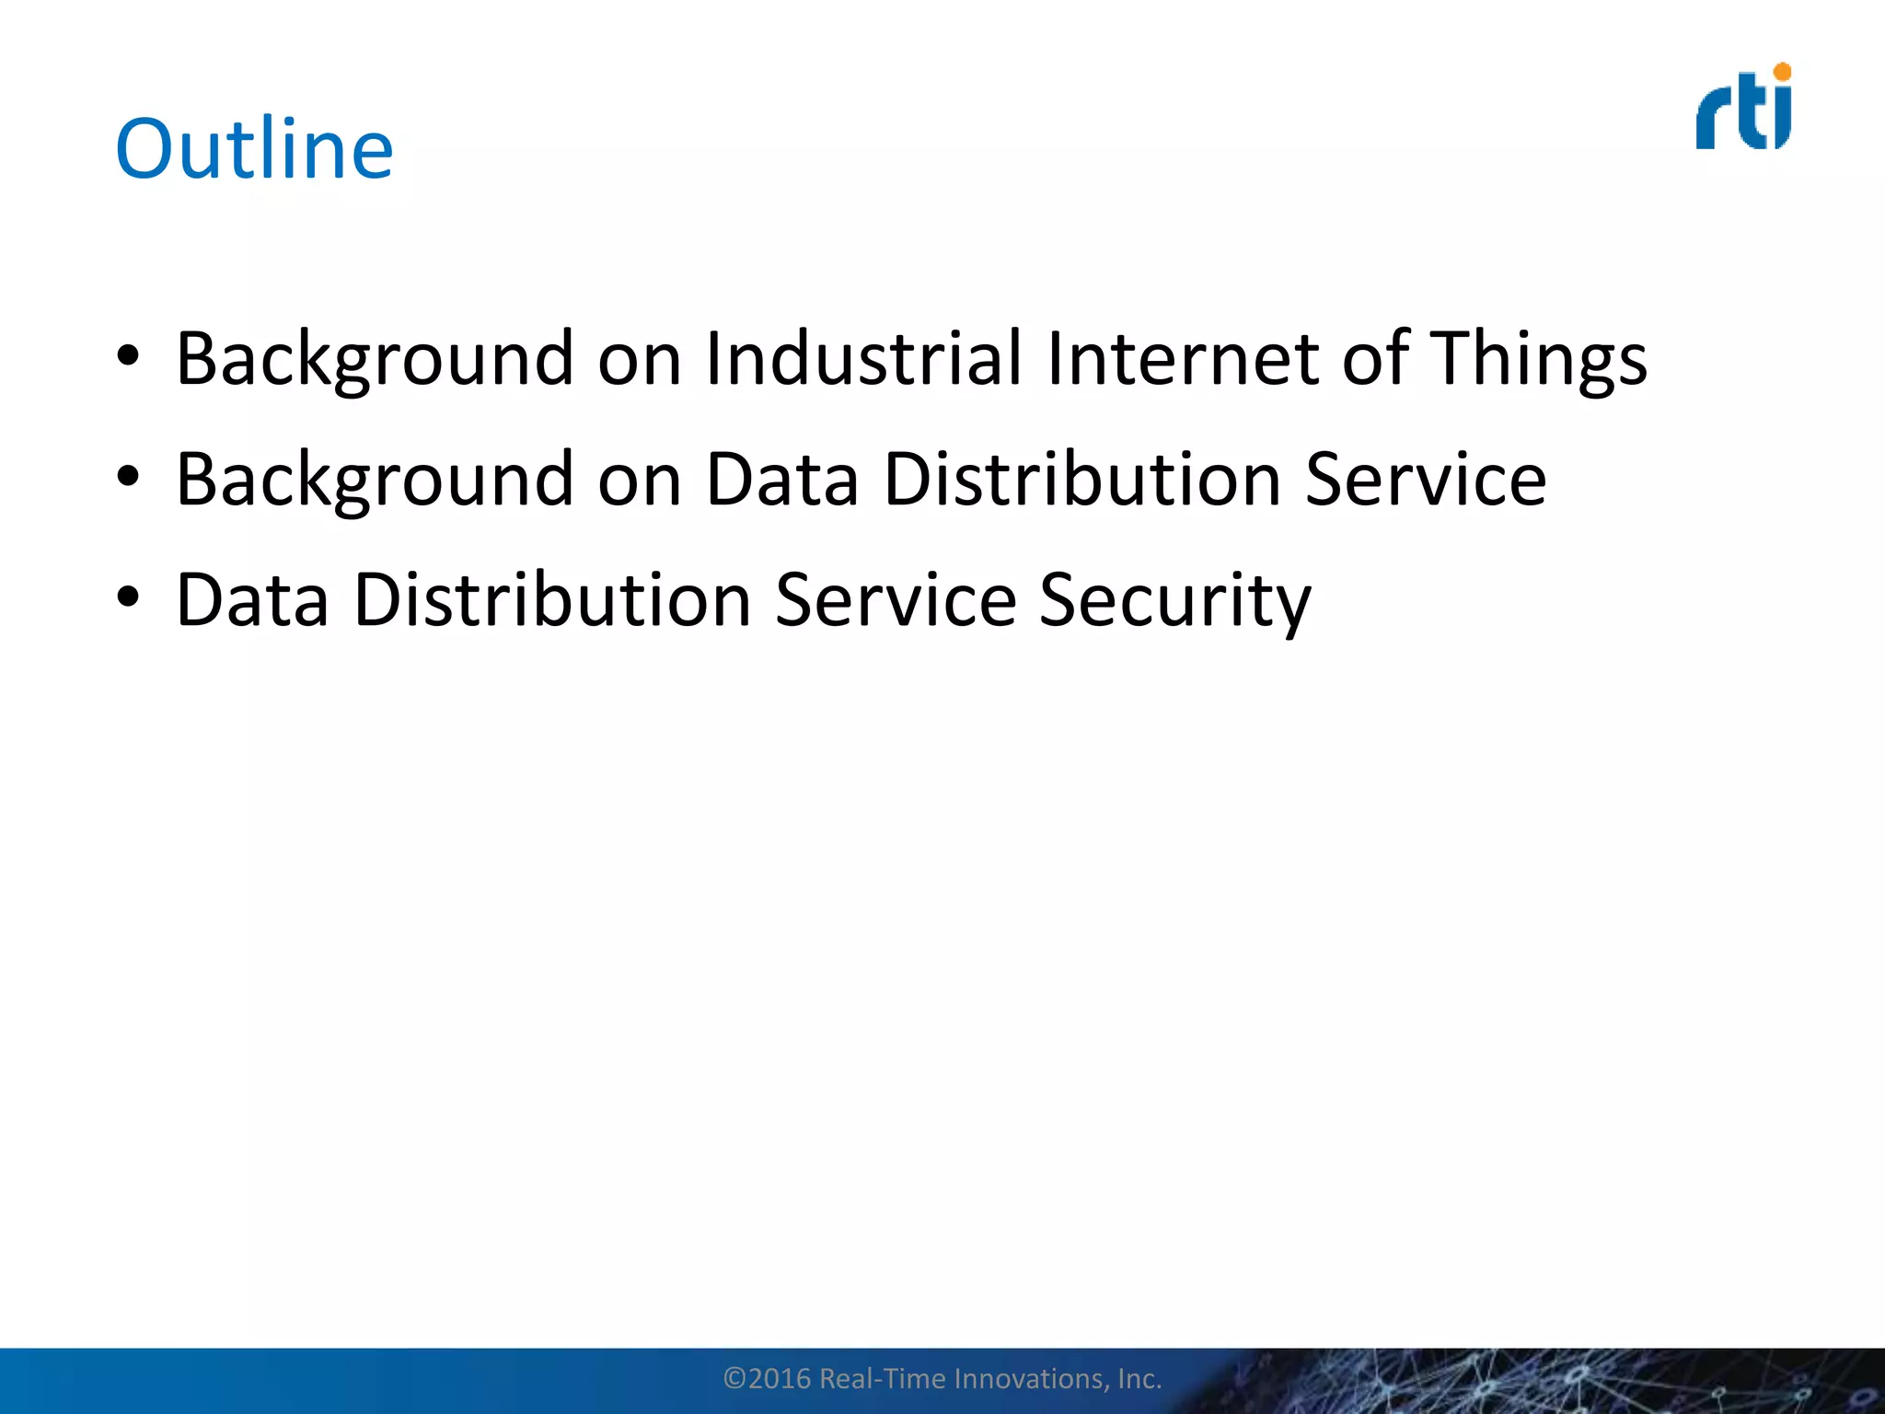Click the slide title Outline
(x=254, y=149)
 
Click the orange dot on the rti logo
(x=1782, y=72)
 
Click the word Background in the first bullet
(x=375, y=360)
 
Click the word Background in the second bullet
(x=375, y=481)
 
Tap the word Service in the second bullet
(x=1425, y=480)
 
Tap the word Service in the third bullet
(x=895, y=600)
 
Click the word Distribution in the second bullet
(x=1081, y=480)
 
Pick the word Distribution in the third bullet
(x=552, y=600)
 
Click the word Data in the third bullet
(x=252, y=600)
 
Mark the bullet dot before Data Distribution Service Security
(x=128, y=597)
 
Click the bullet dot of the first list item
(x=128, y=355)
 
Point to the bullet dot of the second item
(x=128, y=476)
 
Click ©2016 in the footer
(x=767, y=1378)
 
